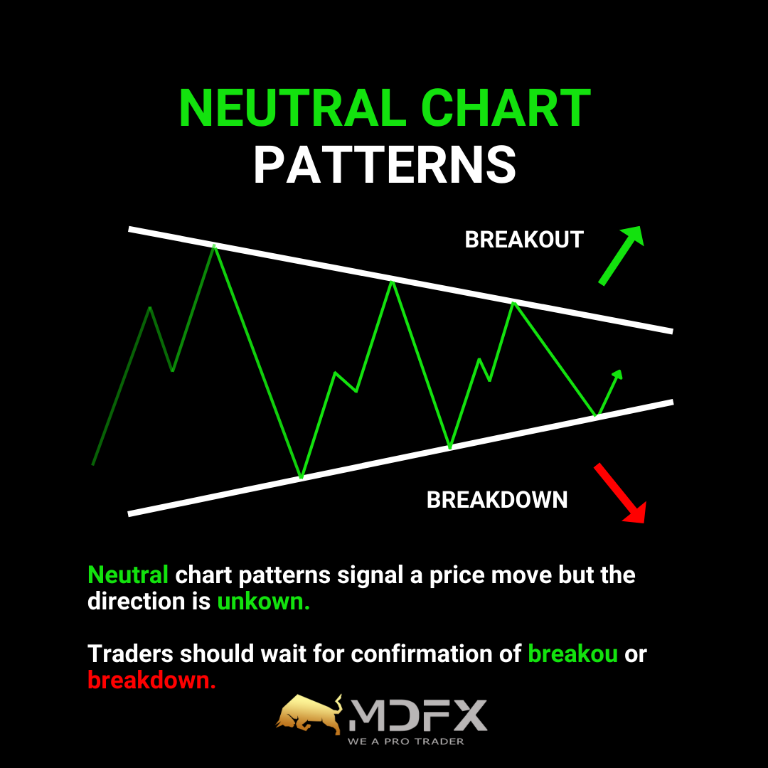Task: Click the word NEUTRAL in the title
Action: point(293,108)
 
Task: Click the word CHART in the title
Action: point(506,108)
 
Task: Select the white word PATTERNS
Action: point(385,164)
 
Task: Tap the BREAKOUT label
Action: point(523,240)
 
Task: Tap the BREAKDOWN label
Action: point(496,500)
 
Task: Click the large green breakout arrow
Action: point(621,255)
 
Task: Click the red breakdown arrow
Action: point(620,493)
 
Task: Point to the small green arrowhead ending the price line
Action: point(618,375)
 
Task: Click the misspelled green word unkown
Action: point(263,602)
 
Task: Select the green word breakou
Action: point(572,654)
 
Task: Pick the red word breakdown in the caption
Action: point(151,681)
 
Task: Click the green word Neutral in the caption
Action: point(128,575)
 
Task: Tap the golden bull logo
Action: point(309,715)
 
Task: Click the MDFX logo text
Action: point(418,715)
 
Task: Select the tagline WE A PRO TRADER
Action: point(405,742)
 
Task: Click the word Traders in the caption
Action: point(130,654)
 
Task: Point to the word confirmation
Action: point(436,654)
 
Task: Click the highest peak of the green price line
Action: point(214,246)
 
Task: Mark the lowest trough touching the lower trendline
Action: point(302,476)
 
